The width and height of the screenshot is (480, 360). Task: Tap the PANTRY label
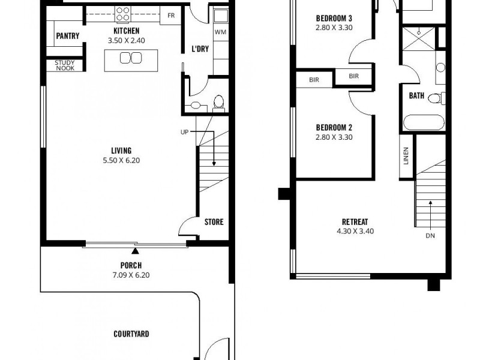click(68, 36)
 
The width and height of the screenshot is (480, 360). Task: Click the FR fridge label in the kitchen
click(171, 16)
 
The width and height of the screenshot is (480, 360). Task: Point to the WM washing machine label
click(220, 31)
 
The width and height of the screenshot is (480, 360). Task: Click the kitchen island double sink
click(130, 58)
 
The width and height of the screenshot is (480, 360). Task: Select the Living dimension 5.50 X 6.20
click(121, 160)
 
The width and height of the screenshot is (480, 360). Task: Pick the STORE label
click(214, 222)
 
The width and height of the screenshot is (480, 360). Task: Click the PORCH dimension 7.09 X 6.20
click(130, 275)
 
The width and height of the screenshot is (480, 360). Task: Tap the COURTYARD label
click(131, 334)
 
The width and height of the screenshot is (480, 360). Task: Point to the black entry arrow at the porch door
click(136, 250)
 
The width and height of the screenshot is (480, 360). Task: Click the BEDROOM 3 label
click(334, 17)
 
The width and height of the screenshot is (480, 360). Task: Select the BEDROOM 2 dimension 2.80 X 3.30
click(334, 137)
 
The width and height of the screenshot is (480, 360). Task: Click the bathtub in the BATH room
click(424, 122)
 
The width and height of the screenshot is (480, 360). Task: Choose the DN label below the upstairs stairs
click(430, 236)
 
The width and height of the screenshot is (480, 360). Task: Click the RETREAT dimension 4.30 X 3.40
click(355, 231)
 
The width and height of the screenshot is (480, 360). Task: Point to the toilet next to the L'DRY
click(219, 103)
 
